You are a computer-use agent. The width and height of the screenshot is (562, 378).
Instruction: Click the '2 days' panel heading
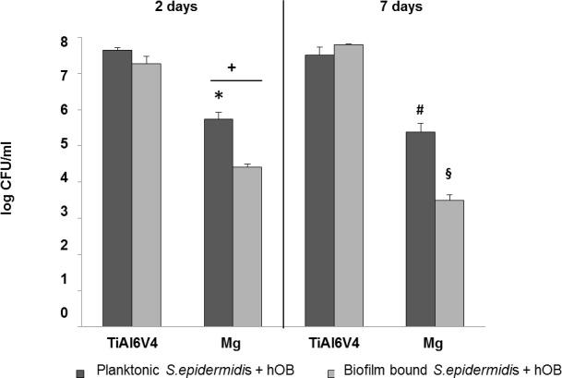(x=177, y=8)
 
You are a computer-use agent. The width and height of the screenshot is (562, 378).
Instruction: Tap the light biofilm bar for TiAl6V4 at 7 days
(x=350, y=185)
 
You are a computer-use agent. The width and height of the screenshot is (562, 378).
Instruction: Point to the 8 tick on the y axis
(x=64, y=43)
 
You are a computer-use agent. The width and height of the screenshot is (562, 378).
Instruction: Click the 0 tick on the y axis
(x=64, y=313)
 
